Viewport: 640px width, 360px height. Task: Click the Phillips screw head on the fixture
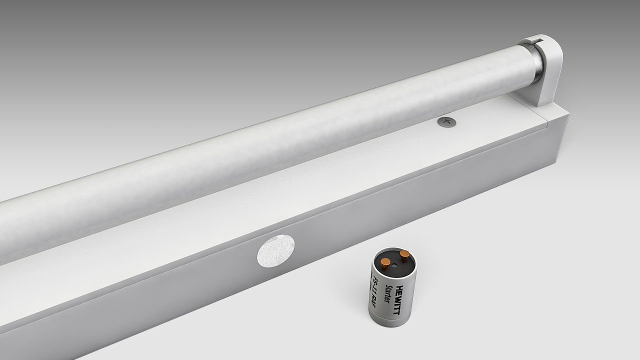(x=447, y=121)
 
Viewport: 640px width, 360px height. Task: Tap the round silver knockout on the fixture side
(x=275, y=251)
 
